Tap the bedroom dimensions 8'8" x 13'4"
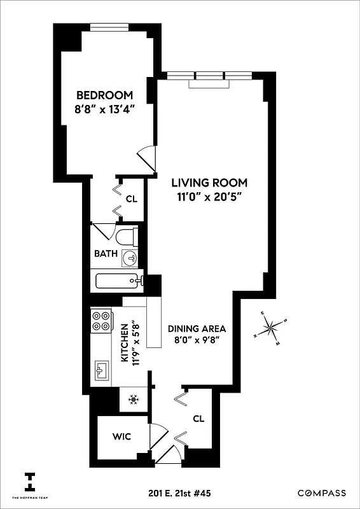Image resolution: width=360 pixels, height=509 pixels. coord(104,109)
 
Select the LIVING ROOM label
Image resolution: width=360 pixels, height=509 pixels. coord(209,183)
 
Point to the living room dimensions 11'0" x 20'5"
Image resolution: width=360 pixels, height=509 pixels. coord(209,197)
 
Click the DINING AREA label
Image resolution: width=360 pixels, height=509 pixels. coord(197,329)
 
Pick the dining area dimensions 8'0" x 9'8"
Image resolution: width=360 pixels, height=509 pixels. coord(197,342)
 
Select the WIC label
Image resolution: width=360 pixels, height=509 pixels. coord(121,438)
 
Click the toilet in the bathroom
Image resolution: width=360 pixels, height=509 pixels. coord(127,237)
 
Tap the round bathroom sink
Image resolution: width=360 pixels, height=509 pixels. coord(130,258)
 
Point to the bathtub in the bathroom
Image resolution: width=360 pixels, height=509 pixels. coord(117,281)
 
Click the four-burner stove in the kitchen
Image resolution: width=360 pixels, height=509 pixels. coord(100,320)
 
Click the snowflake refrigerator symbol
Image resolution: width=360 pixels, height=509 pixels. coord(134,400)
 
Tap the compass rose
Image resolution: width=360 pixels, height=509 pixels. coord(272,329)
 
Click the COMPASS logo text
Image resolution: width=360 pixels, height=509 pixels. coord(322,493)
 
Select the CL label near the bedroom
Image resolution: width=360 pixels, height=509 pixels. coord(131,199)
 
